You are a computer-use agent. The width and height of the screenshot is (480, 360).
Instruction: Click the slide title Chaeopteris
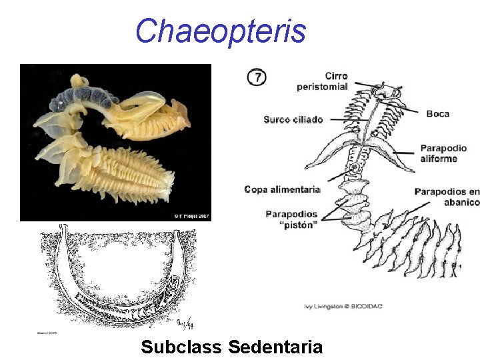point(221,31)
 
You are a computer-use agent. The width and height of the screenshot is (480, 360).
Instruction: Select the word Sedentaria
point(275,347)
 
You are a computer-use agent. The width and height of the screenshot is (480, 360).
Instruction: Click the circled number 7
point(257,77)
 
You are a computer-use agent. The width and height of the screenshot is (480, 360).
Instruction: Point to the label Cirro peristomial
point(323,81)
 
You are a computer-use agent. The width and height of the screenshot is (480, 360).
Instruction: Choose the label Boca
point(438,114)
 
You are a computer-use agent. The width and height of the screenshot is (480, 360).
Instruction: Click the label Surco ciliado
point(293,120)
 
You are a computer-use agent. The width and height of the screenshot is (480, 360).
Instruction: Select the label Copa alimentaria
point(283,189)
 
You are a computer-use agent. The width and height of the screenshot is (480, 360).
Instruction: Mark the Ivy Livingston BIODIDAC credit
point(344,306)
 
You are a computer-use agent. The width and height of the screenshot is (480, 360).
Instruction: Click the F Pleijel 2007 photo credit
point(191,215)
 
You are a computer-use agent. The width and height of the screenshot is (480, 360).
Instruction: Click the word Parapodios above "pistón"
point(291,214)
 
